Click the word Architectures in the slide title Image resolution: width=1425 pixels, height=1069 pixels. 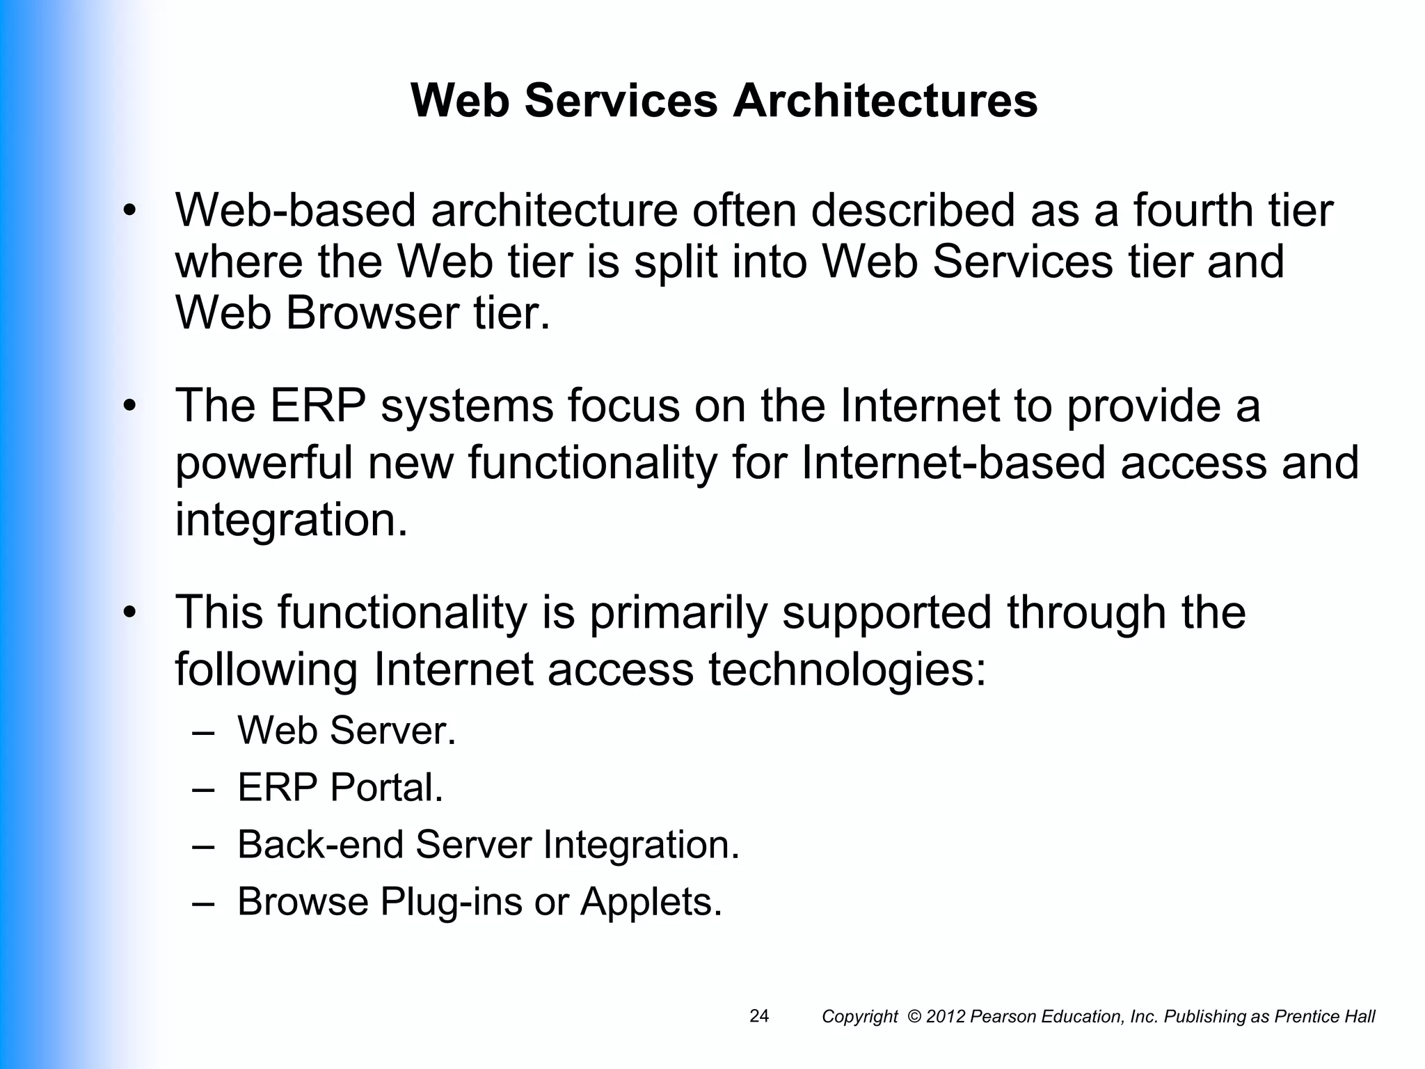[884, 101]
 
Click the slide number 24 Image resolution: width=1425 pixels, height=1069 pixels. [759, 1016]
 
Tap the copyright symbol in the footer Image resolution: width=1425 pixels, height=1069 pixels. [914, 1017]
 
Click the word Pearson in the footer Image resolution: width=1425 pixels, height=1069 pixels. [998, 1017]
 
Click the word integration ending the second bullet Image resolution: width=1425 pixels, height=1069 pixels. [290, 521]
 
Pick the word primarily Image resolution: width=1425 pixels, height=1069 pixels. [678, 612]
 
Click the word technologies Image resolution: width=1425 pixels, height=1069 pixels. [847, 670]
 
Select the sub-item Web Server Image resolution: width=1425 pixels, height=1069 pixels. [347, 731]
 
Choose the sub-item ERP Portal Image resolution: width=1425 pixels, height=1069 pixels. [340, 788]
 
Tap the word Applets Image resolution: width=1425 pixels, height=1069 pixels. [651, 901]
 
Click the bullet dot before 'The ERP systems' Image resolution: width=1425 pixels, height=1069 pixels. [129, 406]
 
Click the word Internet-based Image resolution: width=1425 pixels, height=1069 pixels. [953, 464]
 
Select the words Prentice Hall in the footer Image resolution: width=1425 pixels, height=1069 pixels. [1324, 1017]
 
